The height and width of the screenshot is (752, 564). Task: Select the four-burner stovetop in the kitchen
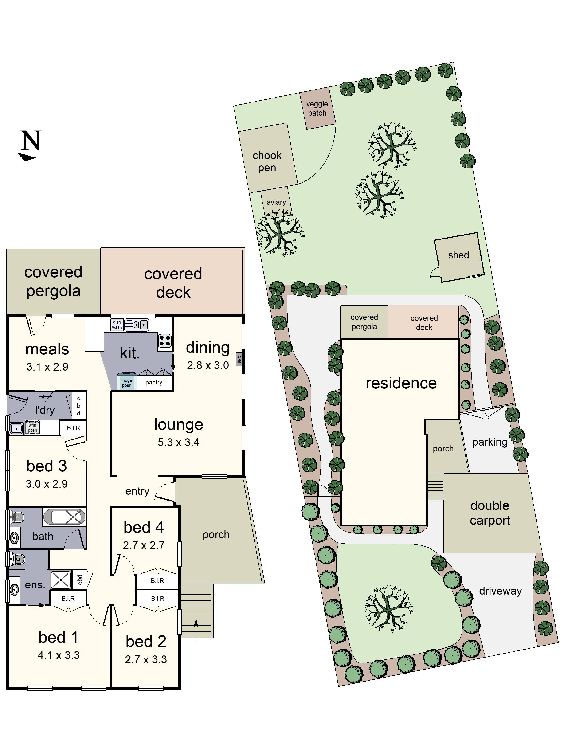coord(165,340)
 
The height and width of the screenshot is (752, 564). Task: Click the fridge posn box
coord(127,382)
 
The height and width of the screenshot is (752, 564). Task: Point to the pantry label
coord(154,382)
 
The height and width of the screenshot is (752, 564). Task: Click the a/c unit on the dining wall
coord(239,359)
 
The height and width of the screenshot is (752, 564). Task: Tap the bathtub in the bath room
coord(64,517)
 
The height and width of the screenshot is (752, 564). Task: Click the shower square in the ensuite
coord(61,580)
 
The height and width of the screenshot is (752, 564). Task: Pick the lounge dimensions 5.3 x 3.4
coord(178,442)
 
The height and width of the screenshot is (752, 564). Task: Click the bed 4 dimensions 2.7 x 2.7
coord(144,545)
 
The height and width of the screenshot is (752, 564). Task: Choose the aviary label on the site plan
coord(276,202)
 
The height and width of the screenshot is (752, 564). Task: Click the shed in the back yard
coord(459,257)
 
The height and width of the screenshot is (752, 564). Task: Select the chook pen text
coord(267,161)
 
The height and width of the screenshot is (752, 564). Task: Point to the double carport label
coord(490,513)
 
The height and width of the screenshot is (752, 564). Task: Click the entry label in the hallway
coord(137,491)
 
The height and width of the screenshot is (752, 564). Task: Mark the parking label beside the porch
coord(490,442)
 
